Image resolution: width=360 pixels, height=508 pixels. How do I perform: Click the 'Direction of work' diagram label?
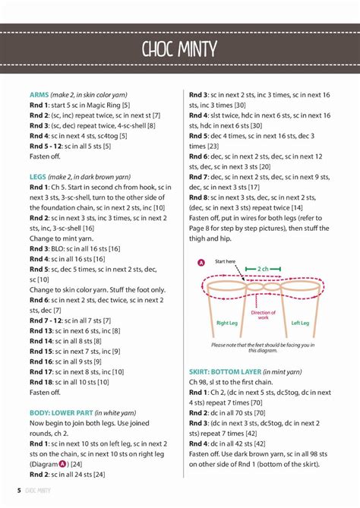pyautogui.click(x=264, y=315)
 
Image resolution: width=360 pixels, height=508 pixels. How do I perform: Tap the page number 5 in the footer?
pyautogui.click(x=19, y=491)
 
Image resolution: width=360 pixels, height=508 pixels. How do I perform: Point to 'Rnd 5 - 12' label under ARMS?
pyautogui.click(x=46, y=144)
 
